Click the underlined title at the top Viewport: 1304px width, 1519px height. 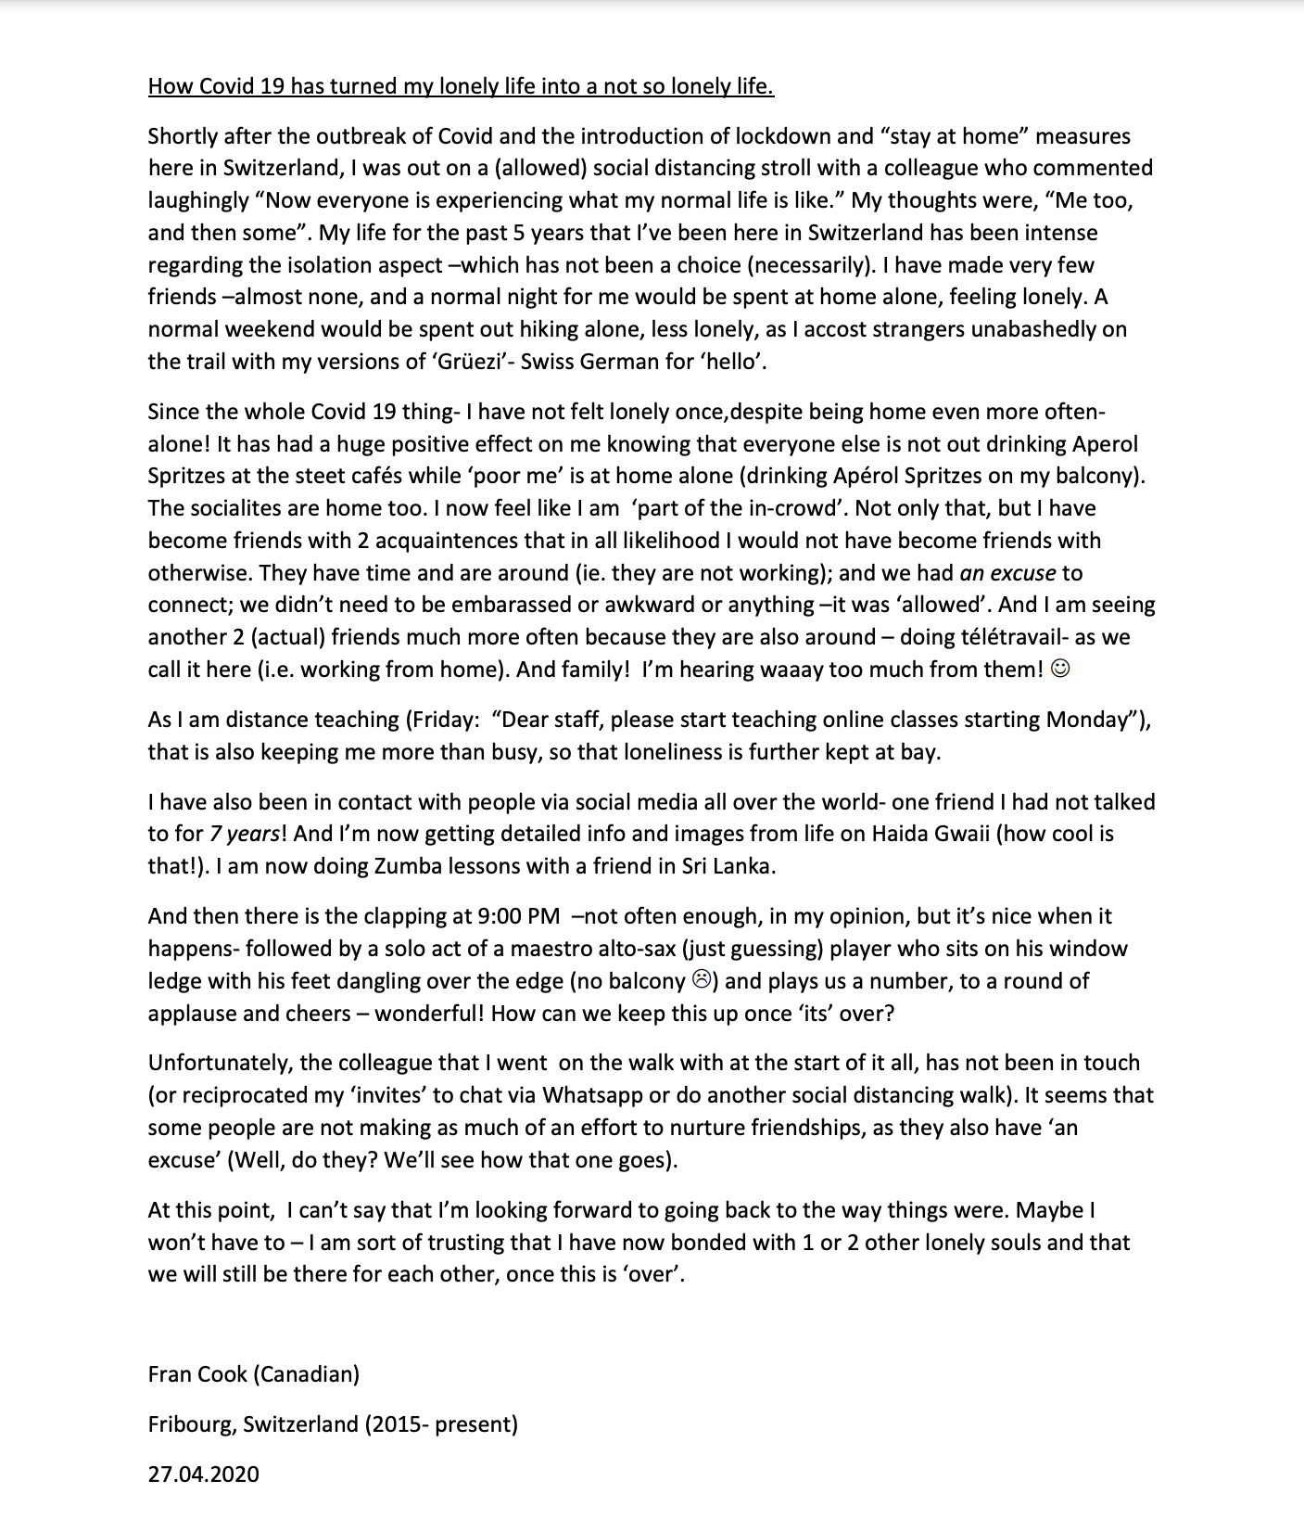pos(461,86)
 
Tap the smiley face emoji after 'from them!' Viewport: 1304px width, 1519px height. pos(1061,669)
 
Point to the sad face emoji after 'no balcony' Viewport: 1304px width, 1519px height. pos(702,980)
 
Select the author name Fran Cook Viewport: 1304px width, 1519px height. pos(196,1373)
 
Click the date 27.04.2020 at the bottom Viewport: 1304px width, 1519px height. pos(203,1474)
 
